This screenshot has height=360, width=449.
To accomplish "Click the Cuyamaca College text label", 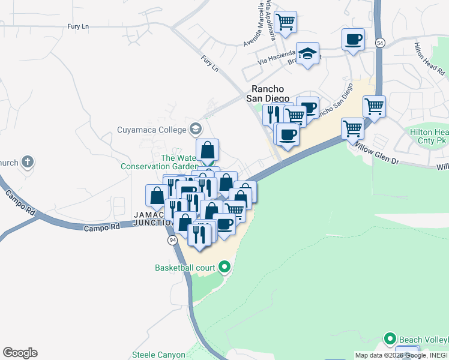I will coord(151,128).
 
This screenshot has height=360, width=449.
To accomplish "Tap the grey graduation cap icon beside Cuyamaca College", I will coord(195,128).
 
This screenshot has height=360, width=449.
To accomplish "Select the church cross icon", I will coord(27,162).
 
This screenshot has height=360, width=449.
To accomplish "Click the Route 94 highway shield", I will coord(172,240).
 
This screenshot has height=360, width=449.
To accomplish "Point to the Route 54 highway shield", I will coord(380,43).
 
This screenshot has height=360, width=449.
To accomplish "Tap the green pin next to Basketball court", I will coord(225,266).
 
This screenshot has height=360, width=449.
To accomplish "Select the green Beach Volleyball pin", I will coord(389,338).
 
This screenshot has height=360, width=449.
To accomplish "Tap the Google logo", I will coord(20,353).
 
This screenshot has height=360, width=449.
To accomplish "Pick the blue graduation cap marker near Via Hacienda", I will coord(308,53).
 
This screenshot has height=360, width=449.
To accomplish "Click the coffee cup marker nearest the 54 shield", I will coord(353,40).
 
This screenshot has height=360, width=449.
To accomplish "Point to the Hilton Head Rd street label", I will coord(429,57).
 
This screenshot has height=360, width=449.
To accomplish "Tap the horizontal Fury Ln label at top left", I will coord(78,26).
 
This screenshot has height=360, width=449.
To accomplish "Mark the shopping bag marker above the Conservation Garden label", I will coord(207,150).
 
